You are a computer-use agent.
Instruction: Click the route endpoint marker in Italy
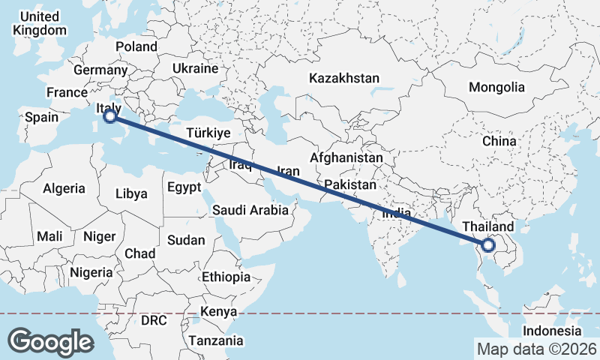[109, 116]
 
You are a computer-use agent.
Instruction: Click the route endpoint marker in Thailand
[488, 244]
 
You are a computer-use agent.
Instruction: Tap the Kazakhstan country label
[344, 78]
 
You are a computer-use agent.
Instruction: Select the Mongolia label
[496, 87]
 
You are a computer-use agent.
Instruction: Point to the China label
[499, 141]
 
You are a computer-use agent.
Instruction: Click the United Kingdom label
[40, 23]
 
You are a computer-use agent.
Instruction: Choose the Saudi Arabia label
[250, 210]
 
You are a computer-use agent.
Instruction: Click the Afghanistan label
[346, 158]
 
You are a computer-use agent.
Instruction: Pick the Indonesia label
[552, 331]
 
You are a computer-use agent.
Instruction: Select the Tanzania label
[216, 340]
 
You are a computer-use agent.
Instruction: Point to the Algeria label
[64, 189]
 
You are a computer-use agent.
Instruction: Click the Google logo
[50, 341]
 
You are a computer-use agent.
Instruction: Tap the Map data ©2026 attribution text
[536, 349]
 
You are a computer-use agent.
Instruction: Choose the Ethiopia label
[226, 277]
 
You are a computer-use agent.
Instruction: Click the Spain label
[41, 118]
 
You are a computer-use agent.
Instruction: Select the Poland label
[136, 46]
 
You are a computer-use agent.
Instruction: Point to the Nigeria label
[91, 272]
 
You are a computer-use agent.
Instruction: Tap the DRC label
[153, 320]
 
